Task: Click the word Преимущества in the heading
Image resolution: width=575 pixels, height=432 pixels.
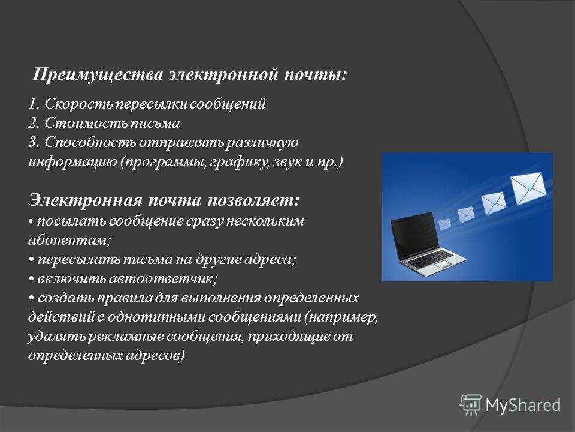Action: pos(98,75)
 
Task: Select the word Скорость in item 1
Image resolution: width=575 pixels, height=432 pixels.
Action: pos(79,104)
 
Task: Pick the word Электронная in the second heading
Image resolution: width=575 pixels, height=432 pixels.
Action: pos(84,200)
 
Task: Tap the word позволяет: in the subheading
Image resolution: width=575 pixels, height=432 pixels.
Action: pos(253,200)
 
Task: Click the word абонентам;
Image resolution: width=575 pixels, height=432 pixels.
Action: pos(69,240)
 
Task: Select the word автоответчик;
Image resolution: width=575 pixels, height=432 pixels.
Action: pos(164,279)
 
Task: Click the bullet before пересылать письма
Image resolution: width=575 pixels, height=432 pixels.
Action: pos(32,260)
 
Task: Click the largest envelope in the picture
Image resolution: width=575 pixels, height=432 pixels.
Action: pos(528,189)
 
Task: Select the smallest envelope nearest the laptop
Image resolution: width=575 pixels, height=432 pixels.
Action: pos(444,224)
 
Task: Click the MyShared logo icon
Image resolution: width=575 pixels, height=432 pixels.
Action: pos(471,405)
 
